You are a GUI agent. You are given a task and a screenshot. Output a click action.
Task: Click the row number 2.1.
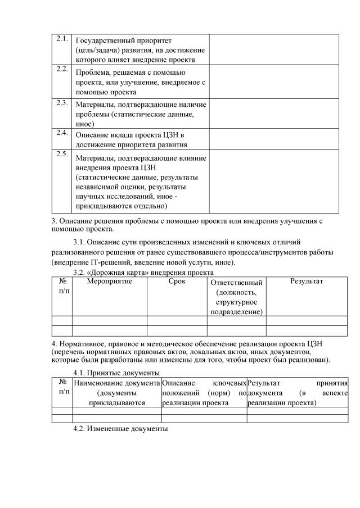tap(62, 39)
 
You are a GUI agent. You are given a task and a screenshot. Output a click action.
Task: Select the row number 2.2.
tap(62, 69)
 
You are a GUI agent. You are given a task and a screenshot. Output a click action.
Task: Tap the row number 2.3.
tap(62, 102)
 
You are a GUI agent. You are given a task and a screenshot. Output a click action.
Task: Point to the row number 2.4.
tap(62, 133)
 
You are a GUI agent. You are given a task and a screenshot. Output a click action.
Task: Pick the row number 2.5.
tap(62, 153)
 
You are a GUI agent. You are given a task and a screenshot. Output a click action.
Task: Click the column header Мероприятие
tap(109, 281)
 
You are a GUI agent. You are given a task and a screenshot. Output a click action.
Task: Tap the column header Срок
tap(177, 281)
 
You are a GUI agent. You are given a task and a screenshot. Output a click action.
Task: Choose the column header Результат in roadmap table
tap(307, 281)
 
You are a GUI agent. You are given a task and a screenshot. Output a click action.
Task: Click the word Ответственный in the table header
tap(236, 283)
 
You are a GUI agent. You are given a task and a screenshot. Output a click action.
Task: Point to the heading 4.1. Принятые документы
tap(117, 373)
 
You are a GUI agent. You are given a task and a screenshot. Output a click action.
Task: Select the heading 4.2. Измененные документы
tap(121, 429)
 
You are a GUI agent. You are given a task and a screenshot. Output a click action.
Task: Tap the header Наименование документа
tap(117, 383)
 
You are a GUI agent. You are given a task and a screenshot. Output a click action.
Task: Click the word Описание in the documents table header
tap(178, 383)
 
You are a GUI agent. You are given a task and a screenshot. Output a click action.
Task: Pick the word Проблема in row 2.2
tap(92, 72)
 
